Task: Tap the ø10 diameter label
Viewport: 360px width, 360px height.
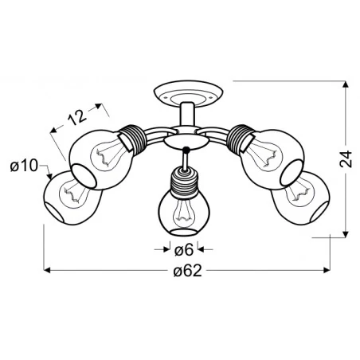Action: click(24, 166)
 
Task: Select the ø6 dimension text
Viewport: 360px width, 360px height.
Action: click(183, 250)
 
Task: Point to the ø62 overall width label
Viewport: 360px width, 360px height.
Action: click(186, 270)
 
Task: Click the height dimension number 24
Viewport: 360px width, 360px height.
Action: click(346, 162)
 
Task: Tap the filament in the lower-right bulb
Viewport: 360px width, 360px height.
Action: click(300, 191)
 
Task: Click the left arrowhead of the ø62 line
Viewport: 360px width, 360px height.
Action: click(46, 270)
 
